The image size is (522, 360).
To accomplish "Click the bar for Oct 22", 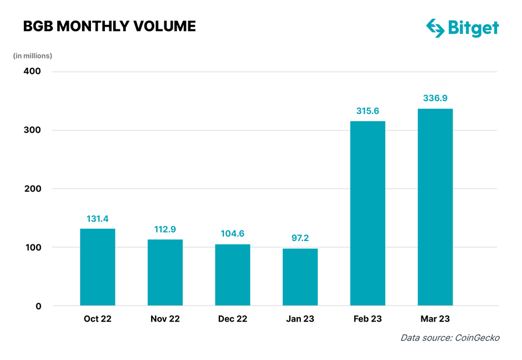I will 98,267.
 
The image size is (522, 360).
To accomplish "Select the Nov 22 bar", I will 165,273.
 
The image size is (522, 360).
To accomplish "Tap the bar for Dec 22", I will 233,275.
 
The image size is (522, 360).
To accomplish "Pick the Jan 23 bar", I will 300,277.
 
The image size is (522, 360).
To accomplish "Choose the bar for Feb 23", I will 368,213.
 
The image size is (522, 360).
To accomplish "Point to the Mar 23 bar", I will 435,207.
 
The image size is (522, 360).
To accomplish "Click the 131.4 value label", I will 98,219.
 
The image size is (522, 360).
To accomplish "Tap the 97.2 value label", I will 300,238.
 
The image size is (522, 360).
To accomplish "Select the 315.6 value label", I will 368,111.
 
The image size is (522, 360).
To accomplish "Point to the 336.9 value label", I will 435,98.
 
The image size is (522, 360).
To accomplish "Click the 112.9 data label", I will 165,229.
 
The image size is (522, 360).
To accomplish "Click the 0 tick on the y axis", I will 38,306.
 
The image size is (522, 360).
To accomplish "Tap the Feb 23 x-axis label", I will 368,319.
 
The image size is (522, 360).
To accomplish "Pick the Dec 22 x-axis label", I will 233,319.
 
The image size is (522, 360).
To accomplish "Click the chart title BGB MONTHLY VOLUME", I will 109,26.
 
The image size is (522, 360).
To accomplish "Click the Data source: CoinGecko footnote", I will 450,338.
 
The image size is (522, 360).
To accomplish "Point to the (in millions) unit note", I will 33,56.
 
